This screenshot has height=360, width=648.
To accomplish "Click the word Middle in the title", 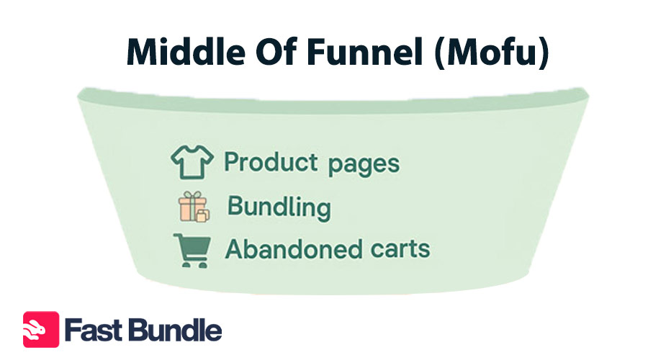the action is click(186, 52).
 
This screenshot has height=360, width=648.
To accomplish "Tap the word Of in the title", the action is click(276, 52).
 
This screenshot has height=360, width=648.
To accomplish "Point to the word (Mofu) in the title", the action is click(492, 53).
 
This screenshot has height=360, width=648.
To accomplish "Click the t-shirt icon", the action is click(192, 161).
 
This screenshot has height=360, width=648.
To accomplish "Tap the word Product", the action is click(271, 161).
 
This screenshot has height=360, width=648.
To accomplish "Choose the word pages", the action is click(364, 164).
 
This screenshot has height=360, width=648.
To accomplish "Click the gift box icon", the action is click(194, 207).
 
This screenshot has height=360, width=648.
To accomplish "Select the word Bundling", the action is click(279, 207).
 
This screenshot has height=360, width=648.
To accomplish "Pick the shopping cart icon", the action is click(192, 251).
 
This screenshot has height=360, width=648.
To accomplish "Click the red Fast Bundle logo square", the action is click(41, 330).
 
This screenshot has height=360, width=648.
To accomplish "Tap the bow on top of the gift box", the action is click(192, 194).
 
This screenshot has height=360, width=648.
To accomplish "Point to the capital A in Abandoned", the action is click(234, 249).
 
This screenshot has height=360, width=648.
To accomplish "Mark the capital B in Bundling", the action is click(235, 206).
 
